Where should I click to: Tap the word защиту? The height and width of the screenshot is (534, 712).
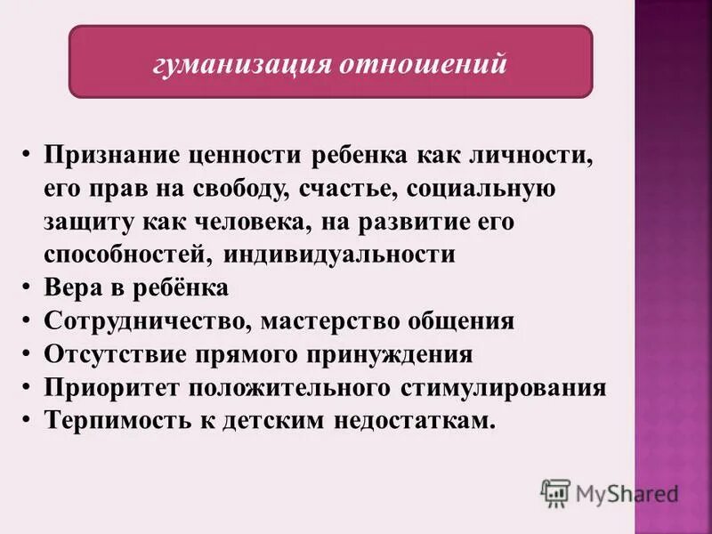pyautogui.click(x=83, y=222)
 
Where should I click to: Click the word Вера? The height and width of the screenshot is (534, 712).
pyautogui.click(x=72, y=288)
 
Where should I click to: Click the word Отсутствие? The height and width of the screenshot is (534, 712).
pyautogui.click(x=109, y=354)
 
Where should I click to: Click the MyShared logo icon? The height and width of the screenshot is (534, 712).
pyautogui.click(x=554, y=493)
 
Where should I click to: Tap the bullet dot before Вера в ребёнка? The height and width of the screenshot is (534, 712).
pyautogui.click(x=28, y=288)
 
